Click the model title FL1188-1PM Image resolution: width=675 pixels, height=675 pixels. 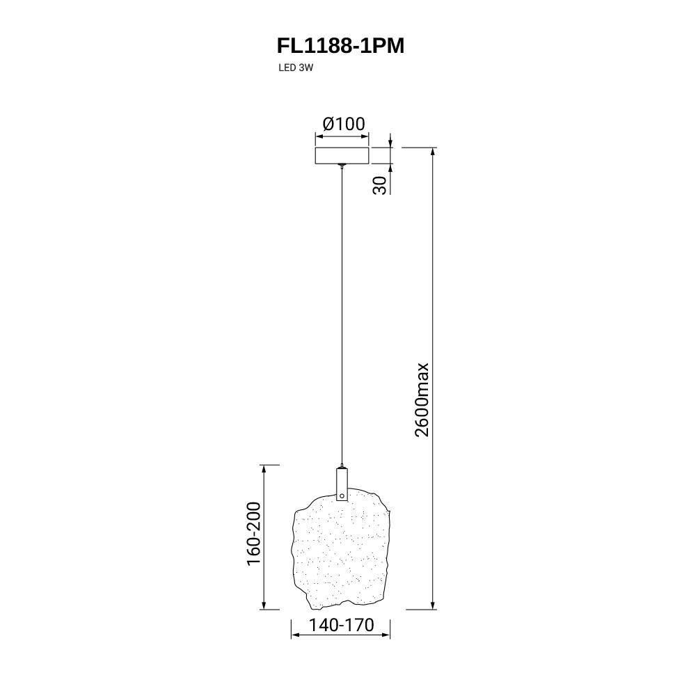pyautogui.click(x=340, y=46)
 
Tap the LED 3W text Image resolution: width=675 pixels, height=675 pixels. pyautogui.click(x=295, y=68)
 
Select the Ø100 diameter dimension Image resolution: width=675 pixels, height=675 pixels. pyautogui.click(x=344, y=124)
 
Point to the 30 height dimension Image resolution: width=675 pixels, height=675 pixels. pyautogui.click(x=380, y=186)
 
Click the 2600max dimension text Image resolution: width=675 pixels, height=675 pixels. pyautogui.click(x=422, y=400)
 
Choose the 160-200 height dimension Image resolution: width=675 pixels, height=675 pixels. pyautogui.click(x=254, y=534)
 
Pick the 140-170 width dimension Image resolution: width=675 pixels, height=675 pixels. pyautogui.click(x=342, y=625)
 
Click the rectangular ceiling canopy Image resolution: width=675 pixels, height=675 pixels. pyautogui.click(x=342, y=155)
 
